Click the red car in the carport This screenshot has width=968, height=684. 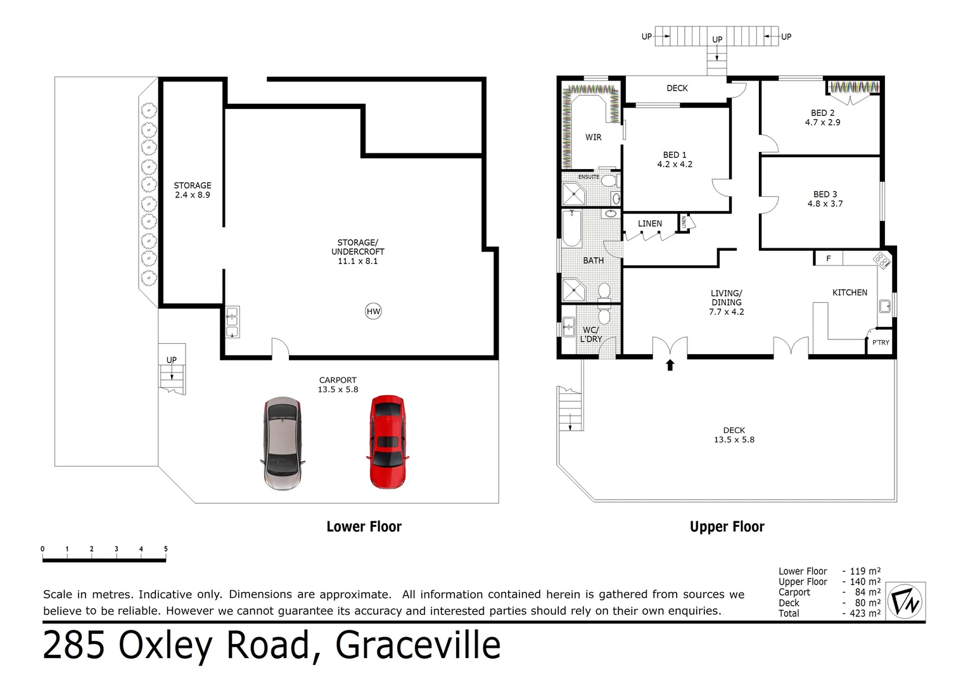click(387, 442)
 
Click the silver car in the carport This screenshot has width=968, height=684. click(281, 443)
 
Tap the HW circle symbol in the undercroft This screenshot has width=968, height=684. click(373, 311)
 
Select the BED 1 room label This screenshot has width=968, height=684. click(675, 155)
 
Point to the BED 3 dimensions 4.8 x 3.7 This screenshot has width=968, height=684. click(825, 204)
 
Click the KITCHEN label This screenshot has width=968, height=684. click(850, 293)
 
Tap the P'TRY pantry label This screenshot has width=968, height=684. click(881, 343)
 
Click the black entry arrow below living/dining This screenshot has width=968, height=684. click(670, 365)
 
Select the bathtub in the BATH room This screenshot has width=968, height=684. click(572, 229)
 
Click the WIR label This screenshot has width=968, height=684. click(593, 137)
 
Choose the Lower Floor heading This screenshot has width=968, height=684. click(364, 526)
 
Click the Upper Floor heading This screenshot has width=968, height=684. click(727, 526)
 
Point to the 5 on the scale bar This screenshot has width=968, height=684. click(165, 549)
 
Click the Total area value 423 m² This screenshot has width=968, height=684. click(865, 613)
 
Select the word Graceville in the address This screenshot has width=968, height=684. click(417, 646)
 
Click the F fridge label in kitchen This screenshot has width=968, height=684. click(828, 258)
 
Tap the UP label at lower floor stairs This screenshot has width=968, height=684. click(171, 360)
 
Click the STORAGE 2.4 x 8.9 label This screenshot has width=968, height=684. click(193, 190)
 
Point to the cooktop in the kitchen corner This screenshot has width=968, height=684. click(881, 260)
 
